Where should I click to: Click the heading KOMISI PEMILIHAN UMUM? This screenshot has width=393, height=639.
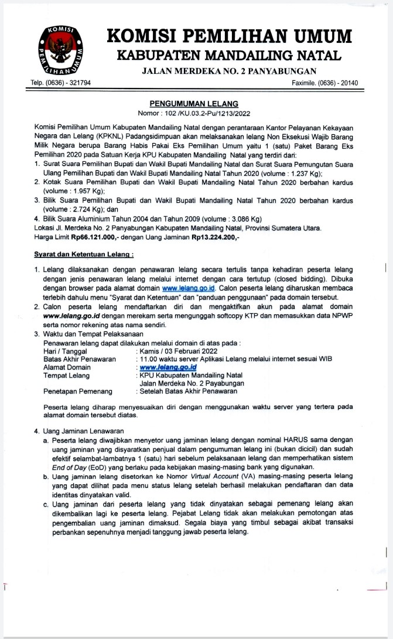tap(229, 36)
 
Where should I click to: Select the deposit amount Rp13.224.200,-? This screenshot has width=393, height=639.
tap(215, 239)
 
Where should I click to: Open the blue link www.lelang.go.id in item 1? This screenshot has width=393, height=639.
tap(189, 288)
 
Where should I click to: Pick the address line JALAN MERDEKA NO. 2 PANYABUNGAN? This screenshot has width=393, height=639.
tap(229, 71)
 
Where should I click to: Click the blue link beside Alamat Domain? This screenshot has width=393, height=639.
tap(168, 368)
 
